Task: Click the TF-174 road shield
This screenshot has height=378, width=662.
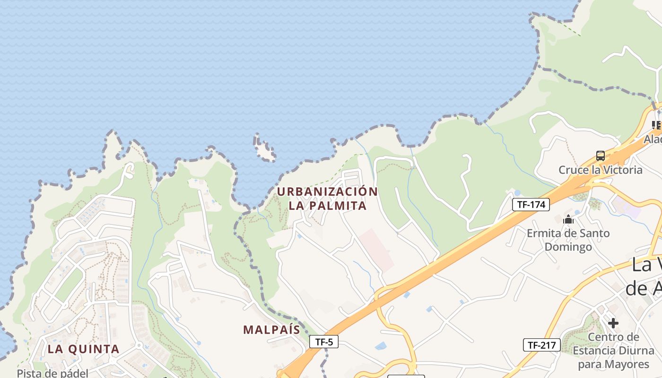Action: click(531, 205)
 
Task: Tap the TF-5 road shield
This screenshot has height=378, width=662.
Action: click(324, 342)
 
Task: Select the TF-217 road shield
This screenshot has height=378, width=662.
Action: click(541, 345)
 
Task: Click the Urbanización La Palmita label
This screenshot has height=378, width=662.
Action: click(327, 198)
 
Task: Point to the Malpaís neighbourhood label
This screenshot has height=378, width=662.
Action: click(271, 329)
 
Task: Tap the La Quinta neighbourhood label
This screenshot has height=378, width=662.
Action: click(83, 349)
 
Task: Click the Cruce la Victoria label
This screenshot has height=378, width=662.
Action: click(601, 170)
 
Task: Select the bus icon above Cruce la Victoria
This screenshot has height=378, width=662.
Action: click(601, 155)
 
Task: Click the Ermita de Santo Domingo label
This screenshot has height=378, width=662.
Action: click(568, 240)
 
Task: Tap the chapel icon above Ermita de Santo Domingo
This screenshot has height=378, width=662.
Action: click(568, 219)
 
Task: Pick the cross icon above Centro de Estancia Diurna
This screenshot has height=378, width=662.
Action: click(613, 323)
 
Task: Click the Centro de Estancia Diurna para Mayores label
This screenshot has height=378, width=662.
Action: click(613, 351)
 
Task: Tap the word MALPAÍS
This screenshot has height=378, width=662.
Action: click(271, 329)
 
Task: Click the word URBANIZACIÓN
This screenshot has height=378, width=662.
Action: click(327, 192)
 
